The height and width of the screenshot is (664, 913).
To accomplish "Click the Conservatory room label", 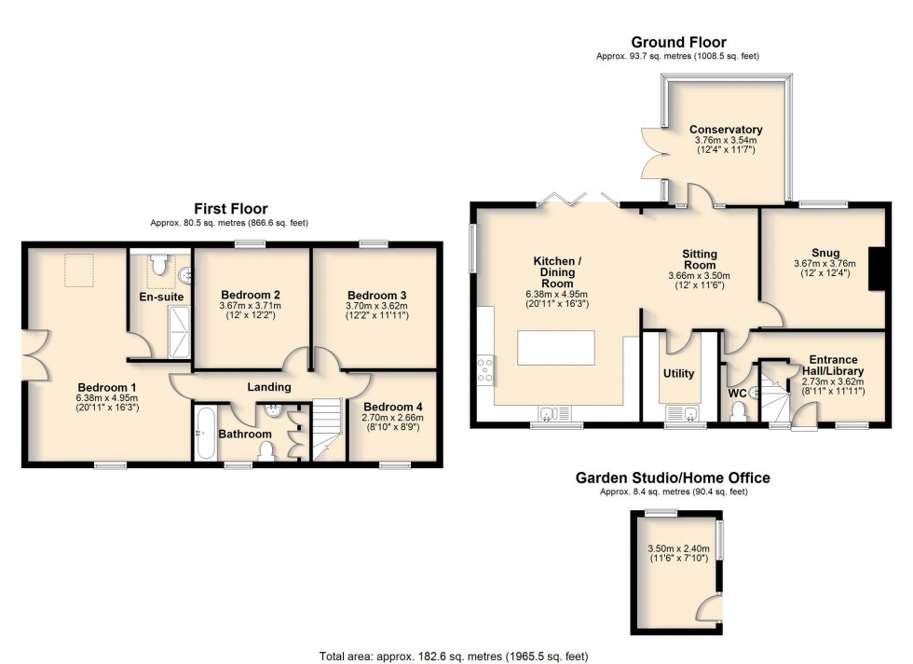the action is point(726,130).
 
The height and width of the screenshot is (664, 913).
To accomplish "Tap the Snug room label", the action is point(825,253).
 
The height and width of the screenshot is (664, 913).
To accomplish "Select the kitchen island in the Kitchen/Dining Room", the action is point(556,348).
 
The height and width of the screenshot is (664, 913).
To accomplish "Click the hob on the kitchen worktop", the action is point(485,369).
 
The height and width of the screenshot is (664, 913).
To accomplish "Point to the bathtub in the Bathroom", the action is point(206,434).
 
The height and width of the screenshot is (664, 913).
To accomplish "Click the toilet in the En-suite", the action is point(158,264).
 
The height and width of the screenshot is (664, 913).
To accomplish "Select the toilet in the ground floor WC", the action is point(739,411).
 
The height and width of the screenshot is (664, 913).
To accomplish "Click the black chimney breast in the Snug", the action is point(877,269).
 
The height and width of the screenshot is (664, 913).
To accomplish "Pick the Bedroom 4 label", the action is point(392,407).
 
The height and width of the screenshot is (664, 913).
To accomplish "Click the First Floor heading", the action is point(231,208).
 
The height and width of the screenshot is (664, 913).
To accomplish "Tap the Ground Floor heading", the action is point(678,42).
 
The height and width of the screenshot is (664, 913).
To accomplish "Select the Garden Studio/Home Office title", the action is point(673,478).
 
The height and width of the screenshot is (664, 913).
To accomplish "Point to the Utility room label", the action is point(678,373).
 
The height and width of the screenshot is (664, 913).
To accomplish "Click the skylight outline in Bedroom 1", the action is point(78,269).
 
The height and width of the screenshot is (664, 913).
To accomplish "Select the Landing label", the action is point(269,386).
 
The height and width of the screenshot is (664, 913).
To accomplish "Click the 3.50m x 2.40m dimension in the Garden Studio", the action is point(679,548).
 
